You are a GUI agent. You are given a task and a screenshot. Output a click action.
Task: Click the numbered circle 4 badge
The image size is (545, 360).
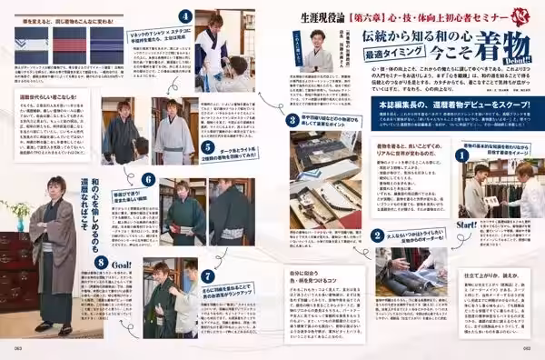[185, 15]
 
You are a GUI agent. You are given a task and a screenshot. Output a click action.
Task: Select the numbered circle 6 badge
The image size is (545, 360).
[148, 180]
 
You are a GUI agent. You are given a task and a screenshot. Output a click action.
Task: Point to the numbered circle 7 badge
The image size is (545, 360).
[208, 275]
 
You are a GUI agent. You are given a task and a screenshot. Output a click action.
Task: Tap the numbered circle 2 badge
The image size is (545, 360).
[375, 235]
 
